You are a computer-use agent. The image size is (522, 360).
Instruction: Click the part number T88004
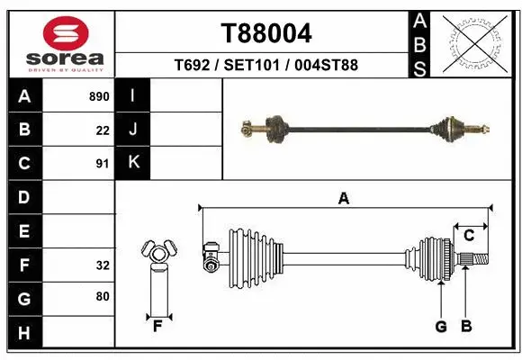tap(266, 33)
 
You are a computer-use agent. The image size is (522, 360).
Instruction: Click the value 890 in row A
tap(98, 96)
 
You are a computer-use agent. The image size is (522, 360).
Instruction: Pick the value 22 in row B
tap(102, 130)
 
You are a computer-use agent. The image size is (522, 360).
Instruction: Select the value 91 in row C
tap(102, 164)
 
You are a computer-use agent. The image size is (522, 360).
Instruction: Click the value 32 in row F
tap(102, 265)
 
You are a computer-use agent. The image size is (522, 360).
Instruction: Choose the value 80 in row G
tap(102, 298)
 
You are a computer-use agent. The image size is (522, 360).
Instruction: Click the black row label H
tap(24, 333)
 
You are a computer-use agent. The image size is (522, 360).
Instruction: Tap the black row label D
tap(24, 197)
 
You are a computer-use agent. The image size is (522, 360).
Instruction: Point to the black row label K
tap(133, 163)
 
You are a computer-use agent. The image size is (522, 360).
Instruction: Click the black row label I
tap(133, 96)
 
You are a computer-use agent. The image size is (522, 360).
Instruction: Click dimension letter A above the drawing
tap(343, 199)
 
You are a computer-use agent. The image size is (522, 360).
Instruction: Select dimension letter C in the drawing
tap(469, 236)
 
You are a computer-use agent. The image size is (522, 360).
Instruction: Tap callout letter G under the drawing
tap(441, 327)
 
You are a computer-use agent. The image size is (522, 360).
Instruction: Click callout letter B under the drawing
tap(465, 327)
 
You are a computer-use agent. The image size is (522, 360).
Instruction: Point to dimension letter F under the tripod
tap(157, 326)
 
